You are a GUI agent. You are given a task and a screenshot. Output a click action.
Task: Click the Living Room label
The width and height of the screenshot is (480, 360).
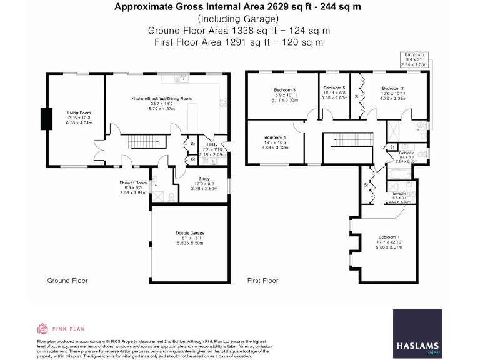tap(79, 113)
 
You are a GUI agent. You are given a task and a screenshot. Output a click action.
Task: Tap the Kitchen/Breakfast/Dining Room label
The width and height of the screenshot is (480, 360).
tap(161, 99)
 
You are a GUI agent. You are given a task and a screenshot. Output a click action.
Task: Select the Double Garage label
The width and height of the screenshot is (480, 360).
tap(190, 232)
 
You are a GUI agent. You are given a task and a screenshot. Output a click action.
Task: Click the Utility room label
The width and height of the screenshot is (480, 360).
tap(212, 144)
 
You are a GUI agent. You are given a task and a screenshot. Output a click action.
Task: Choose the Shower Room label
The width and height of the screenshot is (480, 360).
tap(132, 182)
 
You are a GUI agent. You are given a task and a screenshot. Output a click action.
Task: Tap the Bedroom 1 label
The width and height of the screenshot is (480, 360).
tap(390, 237)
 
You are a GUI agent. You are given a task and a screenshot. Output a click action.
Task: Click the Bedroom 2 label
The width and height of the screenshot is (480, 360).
tap(393, 89)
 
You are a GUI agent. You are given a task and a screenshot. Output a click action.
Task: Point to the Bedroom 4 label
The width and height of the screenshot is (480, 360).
tap(275, 137)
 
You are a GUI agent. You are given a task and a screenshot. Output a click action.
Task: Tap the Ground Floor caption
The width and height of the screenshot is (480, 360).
tap(67, 281)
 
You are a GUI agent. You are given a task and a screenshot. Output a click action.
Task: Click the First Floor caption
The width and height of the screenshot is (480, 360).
tap(262, 281)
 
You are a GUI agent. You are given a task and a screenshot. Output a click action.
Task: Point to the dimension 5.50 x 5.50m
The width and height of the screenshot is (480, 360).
tap(190, 242)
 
